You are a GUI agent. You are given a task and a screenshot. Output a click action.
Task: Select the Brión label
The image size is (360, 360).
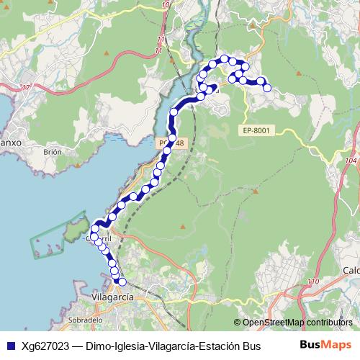coord(53,152)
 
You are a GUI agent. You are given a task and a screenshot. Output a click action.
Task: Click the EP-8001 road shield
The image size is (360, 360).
coord(256,130)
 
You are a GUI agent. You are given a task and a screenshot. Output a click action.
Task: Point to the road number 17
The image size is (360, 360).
coord(27,87)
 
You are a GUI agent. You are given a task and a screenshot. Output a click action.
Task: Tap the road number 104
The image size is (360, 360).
coord(351,161)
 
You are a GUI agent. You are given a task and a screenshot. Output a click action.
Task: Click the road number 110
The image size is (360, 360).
coord(312,280)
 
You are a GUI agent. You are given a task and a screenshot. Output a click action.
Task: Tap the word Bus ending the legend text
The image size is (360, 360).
coord(251,346)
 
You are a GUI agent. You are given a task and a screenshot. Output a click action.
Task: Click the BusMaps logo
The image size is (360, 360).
coord(325,345)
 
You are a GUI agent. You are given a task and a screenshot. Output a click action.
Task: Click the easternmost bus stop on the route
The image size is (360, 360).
coord(267,88)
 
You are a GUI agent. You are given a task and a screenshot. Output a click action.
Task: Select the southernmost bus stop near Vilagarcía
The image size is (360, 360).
coord(121,282)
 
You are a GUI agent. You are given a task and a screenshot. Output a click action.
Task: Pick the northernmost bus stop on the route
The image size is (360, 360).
coord(225,58)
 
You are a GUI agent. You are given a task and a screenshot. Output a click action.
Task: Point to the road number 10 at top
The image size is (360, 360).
coord(167,4)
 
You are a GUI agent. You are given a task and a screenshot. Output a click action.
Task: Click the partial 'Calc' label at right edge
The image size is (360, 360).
coord(351,270)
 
